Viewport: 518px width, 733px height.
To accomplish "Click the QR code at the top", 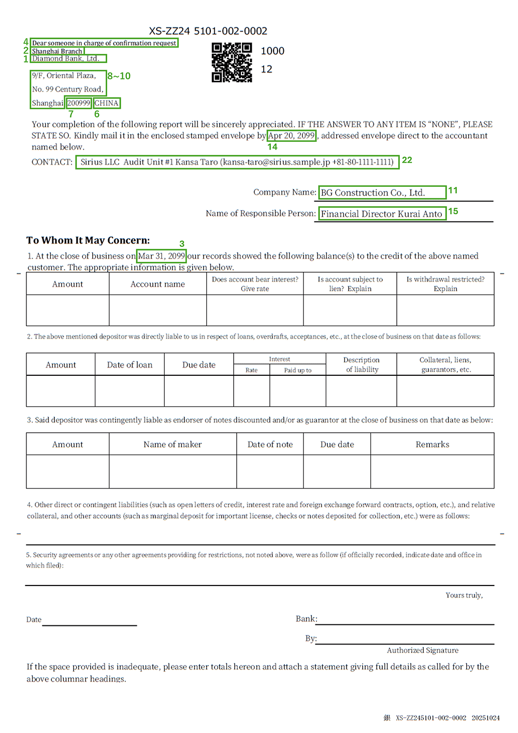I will (x=232, y=63).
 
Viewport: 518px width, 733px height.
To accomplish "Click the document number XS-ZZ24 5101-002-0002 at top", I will (x=208, y=31).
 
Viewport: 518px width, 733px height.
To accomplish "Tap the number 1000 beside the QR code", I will (x=272, y=51).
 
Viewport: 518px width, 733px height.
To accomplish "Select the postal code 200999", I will (x=79, y=103).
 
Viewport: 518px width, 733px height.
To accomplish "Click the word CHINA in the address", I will (x=107, y=103).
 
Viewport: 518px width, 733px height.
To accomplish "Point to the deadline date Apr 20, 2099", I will (x=292, y=136).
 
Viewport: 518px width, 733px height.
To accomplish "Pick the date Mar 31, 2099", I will (x=162, y=256).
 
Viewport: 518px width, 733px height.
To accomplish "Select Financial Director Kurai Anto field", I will (x=382, y=214).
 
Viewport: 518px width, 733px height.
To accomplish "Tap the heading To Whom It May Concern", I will (x=88, y=240).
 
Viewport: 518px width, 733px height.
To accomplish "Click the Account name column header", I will (x=157, y=284).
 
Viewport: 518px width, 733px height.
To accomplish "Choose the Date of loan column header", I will (x=129, y=365).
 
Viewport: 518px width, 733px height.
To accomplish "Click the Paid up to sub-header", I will (x=298, y=370).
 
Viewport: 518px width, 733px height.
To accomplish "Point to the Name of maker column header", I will (x=172, y=444).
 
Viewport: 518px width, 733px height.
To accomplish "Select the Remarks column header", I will (x=432, y=444).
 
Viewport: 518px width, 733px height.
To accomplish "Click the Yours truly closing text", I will (x=464, y=595).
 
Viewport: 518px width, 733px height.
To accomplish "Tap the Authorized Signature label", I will (x=423, y=650).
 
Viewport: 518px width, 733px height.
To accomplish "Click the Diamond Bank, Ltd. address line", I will (x=66, y=58).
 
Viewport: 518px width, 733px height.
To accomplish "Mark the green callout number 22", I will (x=407, y=160).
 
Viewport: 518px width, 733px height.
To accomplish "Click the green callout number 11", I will (x=453, y=190).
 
